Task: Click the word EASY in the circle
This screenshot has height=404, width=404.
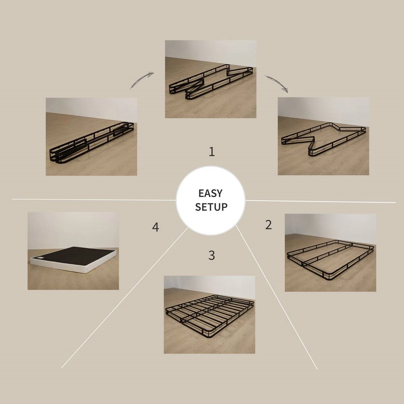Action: pos(210,193)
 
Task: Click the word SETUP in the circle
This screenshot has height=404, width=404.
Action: pos(211,207)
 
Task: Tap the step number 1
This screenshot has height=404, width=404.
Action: pos(212,152)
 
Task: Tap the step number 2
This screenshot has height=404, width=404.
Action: pos(268,225)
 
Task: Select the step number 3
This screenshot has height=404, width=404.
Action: pos(211,255)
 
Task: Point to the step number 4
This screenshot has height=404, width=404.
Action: pos(155,227)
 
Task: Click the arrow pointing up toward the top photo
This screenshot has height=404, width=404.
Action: pos(142,80)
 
